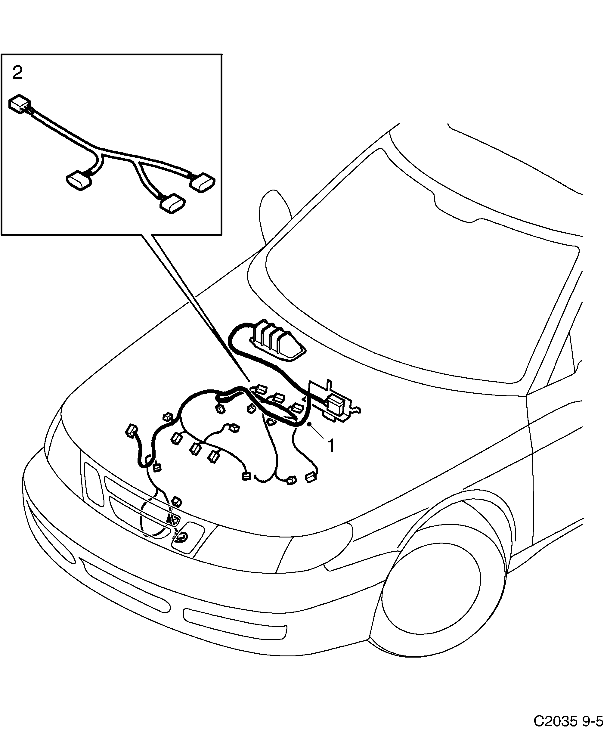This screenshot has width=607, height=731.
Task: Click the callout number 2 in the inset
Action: [x=17, y=73]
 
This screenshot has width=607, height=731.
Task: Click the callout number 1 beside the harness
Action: [x=331, y=446]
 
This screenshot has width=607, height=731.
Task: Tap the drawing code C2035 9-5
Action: [x=569, y=720]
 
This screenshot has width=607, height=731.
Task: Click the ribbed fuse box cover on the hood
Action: [x=275, y=340]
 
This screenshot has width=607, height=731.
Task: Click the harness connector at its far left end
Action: [x=132, y=431]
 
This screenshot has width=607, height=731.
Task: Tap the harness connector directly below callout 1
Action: [x=311, y=477]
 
